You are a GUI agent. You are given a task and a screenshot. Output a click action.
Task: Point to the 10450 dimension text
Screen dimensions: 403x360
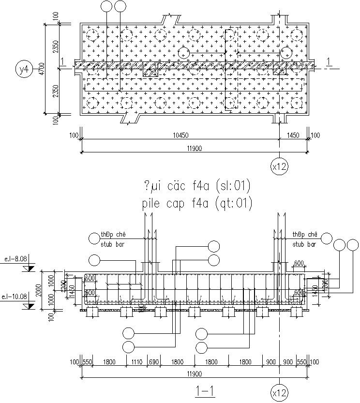coord(179,135)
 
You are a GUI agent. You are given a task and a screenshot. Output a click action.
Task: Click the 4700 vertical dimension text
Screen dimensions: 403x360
coord(42,69)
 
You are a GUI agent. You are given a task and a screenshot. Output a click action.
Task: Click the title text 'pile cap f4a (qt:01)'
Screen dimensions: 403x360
coord(197,204)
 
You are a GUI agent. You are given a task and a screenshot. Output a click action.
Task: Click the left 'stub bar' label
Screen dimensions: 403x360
coord(112,244)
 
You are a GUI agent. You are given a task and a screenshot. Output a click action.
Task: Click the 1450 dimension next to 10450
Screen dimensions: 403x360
coord(293,135)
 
